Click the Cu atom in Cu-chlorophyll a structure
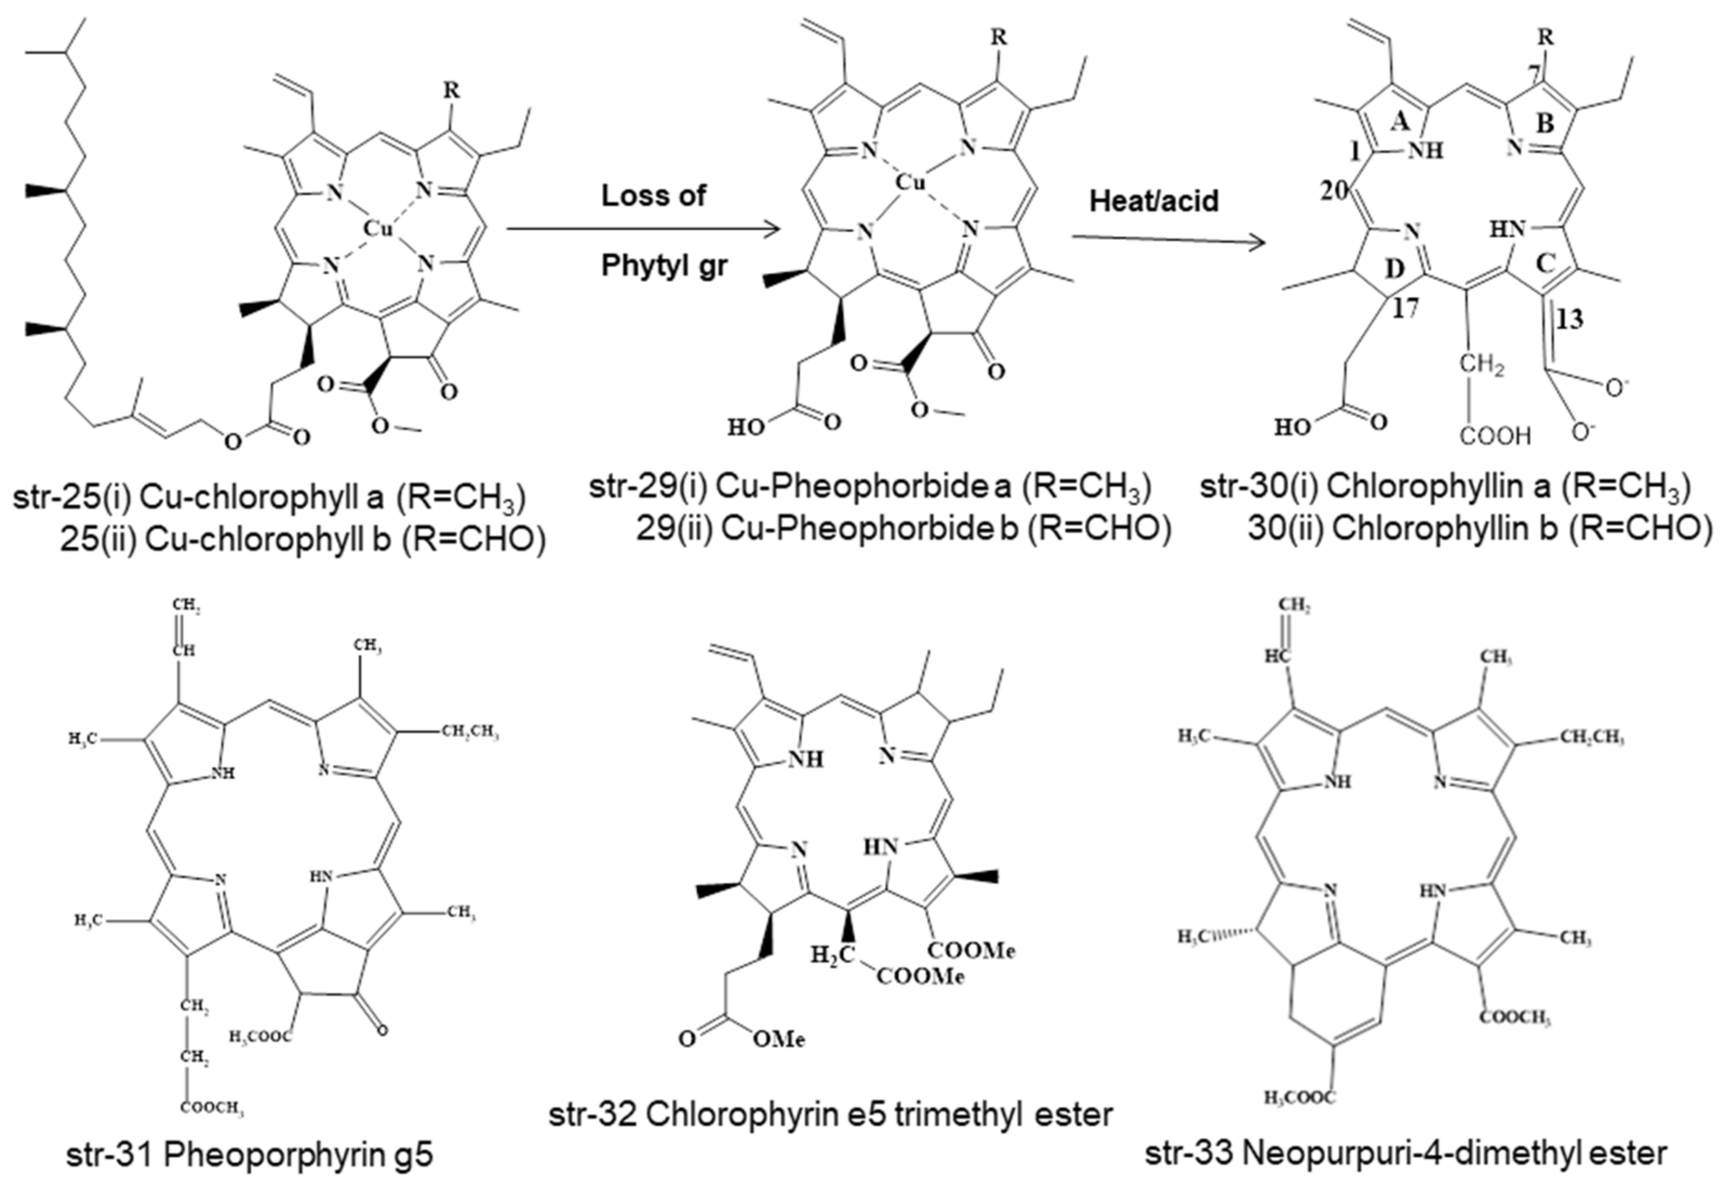click(x=377, y=229)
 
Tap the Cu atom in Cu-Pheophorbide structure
click(x=908, y=182)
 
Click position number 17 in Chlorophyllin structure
click(x=1405, y=309)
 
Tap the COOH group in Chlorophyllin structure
click(x=1495, y=436)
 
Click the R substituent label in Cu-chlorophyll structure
click(x=451, y=91)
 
